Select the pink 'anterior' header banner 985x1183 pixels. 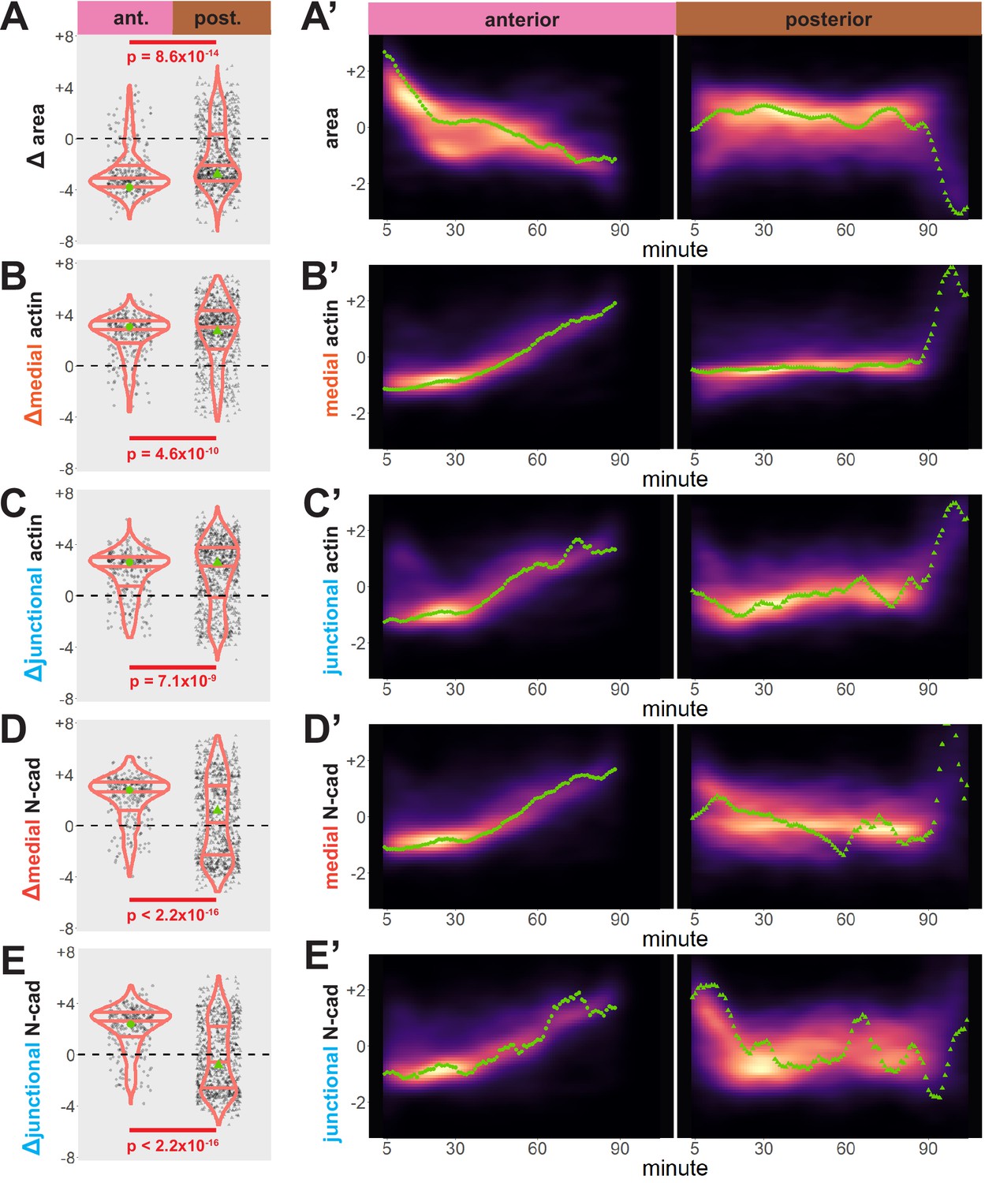[x=521, y=20]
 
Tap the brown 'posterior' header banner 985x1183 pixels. [x=828, y=20]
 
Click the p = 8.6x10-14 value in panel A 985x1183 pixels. [x=173, y=57]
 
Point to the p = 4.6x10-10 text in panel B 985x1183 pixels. [x=173, y=453]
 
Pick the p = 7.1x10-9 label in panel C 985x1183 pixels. [x=173, y=680]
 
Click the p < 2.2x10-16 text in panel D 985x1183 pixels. [x=173, y=914]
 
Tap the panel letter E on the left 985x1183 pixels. [x=14, y=964]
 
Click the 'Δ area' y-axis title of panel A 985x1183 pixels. [x=36, y=136]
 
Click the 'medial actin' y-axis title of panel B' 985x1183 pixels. [x=331, y=357]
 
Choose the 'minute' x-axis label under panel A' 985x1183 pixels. [x=675, y=250]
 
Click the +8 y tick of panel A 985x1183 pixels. [x=65, y=36]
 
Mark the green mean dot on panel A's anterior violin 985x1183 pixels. [x=129, y=187]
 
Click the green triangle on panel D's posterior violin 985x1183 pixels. [x=218, y=810]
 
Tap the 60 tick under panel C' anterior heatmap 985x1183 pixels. [x=537, y=689]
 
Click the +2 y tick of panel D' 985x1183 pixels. [x=356, y=761]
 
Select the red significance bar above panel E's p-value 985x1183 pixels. [x=173, y=1129]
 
